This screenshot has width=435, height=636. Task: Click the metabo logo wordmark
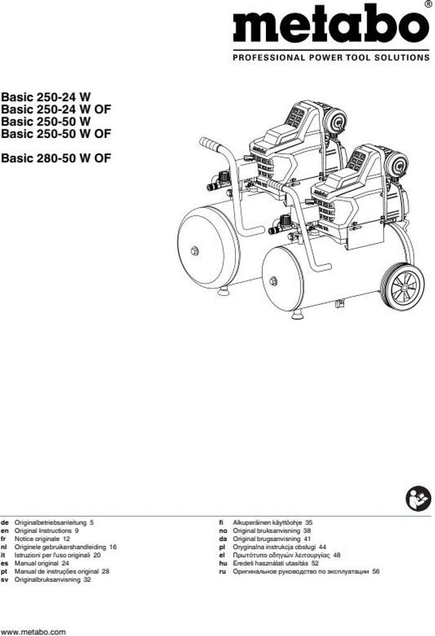331,25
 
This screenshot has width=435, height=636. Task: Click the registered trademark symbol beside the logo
428,4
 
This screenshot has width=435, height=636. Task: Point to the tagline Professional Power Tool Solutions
331,58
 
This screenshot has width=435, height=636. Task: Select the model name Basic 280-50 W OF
56,158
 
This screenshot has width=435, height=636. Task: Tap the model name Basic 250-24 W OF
56,109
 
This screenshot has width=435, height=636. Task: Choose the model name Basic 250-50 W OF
56,134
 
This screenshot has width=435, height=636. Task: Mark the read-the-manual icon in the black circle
418,499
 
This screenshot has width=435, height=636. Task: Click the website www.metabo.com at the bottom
34,632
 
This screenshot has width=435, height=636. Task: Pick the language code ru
222,571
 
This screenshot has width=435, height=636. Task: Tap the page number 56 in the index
376,571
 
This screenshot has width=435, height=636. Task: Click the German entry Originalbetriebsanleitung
50,522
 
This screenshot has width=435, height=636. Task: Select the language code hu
222,563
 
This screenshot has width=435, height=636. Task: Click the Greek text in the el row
282,555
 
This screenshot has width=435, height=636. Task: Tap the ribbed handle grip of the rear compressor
211,144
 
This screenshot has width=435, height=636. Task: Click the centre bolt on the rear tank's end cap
195,252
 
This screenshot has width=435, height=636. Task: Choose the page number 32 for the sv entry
87,579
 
